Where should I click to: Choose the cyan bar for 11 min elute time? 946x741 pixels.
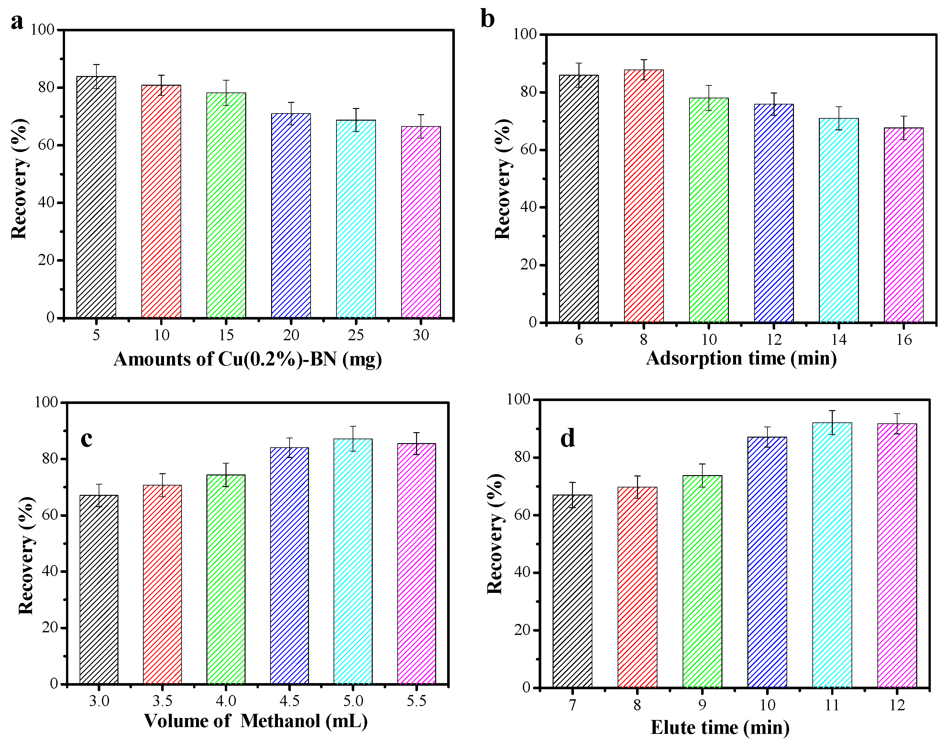click(832, 555)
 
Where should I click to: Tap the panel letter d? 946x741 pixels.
click(567, 439)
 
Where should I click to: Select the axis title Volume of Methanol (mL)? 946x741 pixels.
click(256, 721)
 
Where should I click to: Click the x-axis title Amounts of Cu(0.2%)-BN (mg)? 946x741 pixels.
click(248, 360)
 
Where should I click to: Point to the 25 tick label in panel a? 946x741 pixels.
click(356, 335)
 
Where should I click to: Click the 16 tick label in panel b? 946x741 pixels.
click(904, 340)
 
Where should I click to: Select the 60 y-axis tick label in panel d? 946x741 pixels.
click(522, 515)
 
